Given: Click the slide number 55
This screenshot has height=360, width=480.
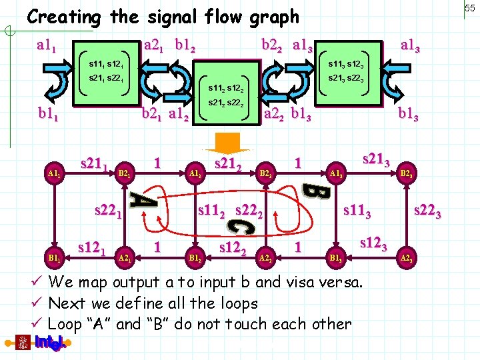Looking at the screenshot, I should pyautogui.click(x=469, y=7).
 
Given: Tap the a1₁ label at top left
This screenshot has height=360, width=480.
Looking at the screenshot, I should pyautogui.click(x=50, y=46).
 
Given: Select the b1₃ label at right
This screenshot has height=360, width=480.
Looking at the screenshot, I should pyautogui.click(x=408, y=115).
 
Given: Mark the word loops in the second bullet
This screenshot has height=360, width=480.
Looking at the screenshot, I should pyautogui.click(x=237, y=303).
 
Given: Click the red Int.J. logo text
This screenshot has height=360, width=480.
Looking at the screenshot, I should pyautogui.click(x=51, y=344).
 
